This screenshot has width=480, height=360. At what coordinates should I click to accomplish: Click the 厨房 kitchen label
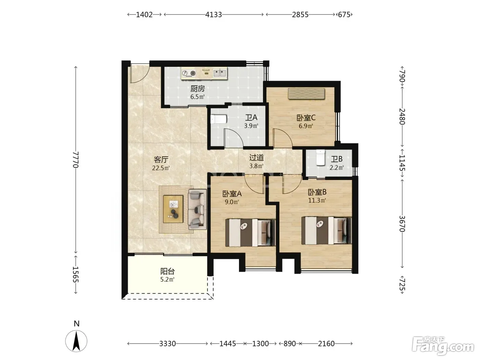click(x=197, y=88)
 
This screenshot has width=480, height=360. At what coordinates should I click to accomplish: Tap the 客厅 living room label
click(x=161, y=159)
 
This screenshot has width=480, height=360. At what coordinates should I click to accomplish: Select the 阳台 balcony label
click(x=168, y=271)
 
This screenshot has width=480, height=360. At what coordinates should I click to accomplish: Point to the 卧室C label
click(x=306, y=118)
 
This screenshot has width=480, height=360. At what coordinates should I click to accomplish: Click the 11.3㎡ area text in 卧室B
click(x=317, y=200)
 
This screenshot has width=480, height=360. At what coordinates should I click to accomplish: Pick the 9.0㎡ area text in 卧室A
click(x=232, y=202)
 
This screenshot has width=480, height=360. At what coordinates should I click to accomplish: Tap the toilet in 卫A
click(x=219, y=119)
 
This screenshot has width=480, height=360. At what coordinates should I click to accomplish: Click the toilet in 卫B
click(x=320, y=157)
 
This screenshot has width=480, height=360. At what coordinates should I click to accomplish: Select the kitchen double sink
click(x=220, y=73)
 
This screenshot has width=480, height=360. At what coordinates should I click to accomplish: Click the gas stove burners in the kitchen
click(x=189, y=73)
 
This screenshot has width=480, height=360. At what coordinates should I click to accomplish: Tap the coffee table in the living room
click(x=173, y=209)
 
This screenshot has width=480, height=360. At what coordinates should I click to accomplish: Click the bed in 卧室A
click(x=250, y=232)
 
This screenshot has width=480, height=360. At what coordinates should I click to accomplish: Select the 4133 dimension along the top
click(x=214, y=15)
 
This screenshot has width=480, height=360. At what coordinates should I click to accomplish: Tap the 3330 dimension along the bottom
click(x=168, y=344)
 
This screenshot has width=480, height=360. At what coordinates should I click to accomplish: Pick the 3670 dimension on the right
click(x=402, y=224)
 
